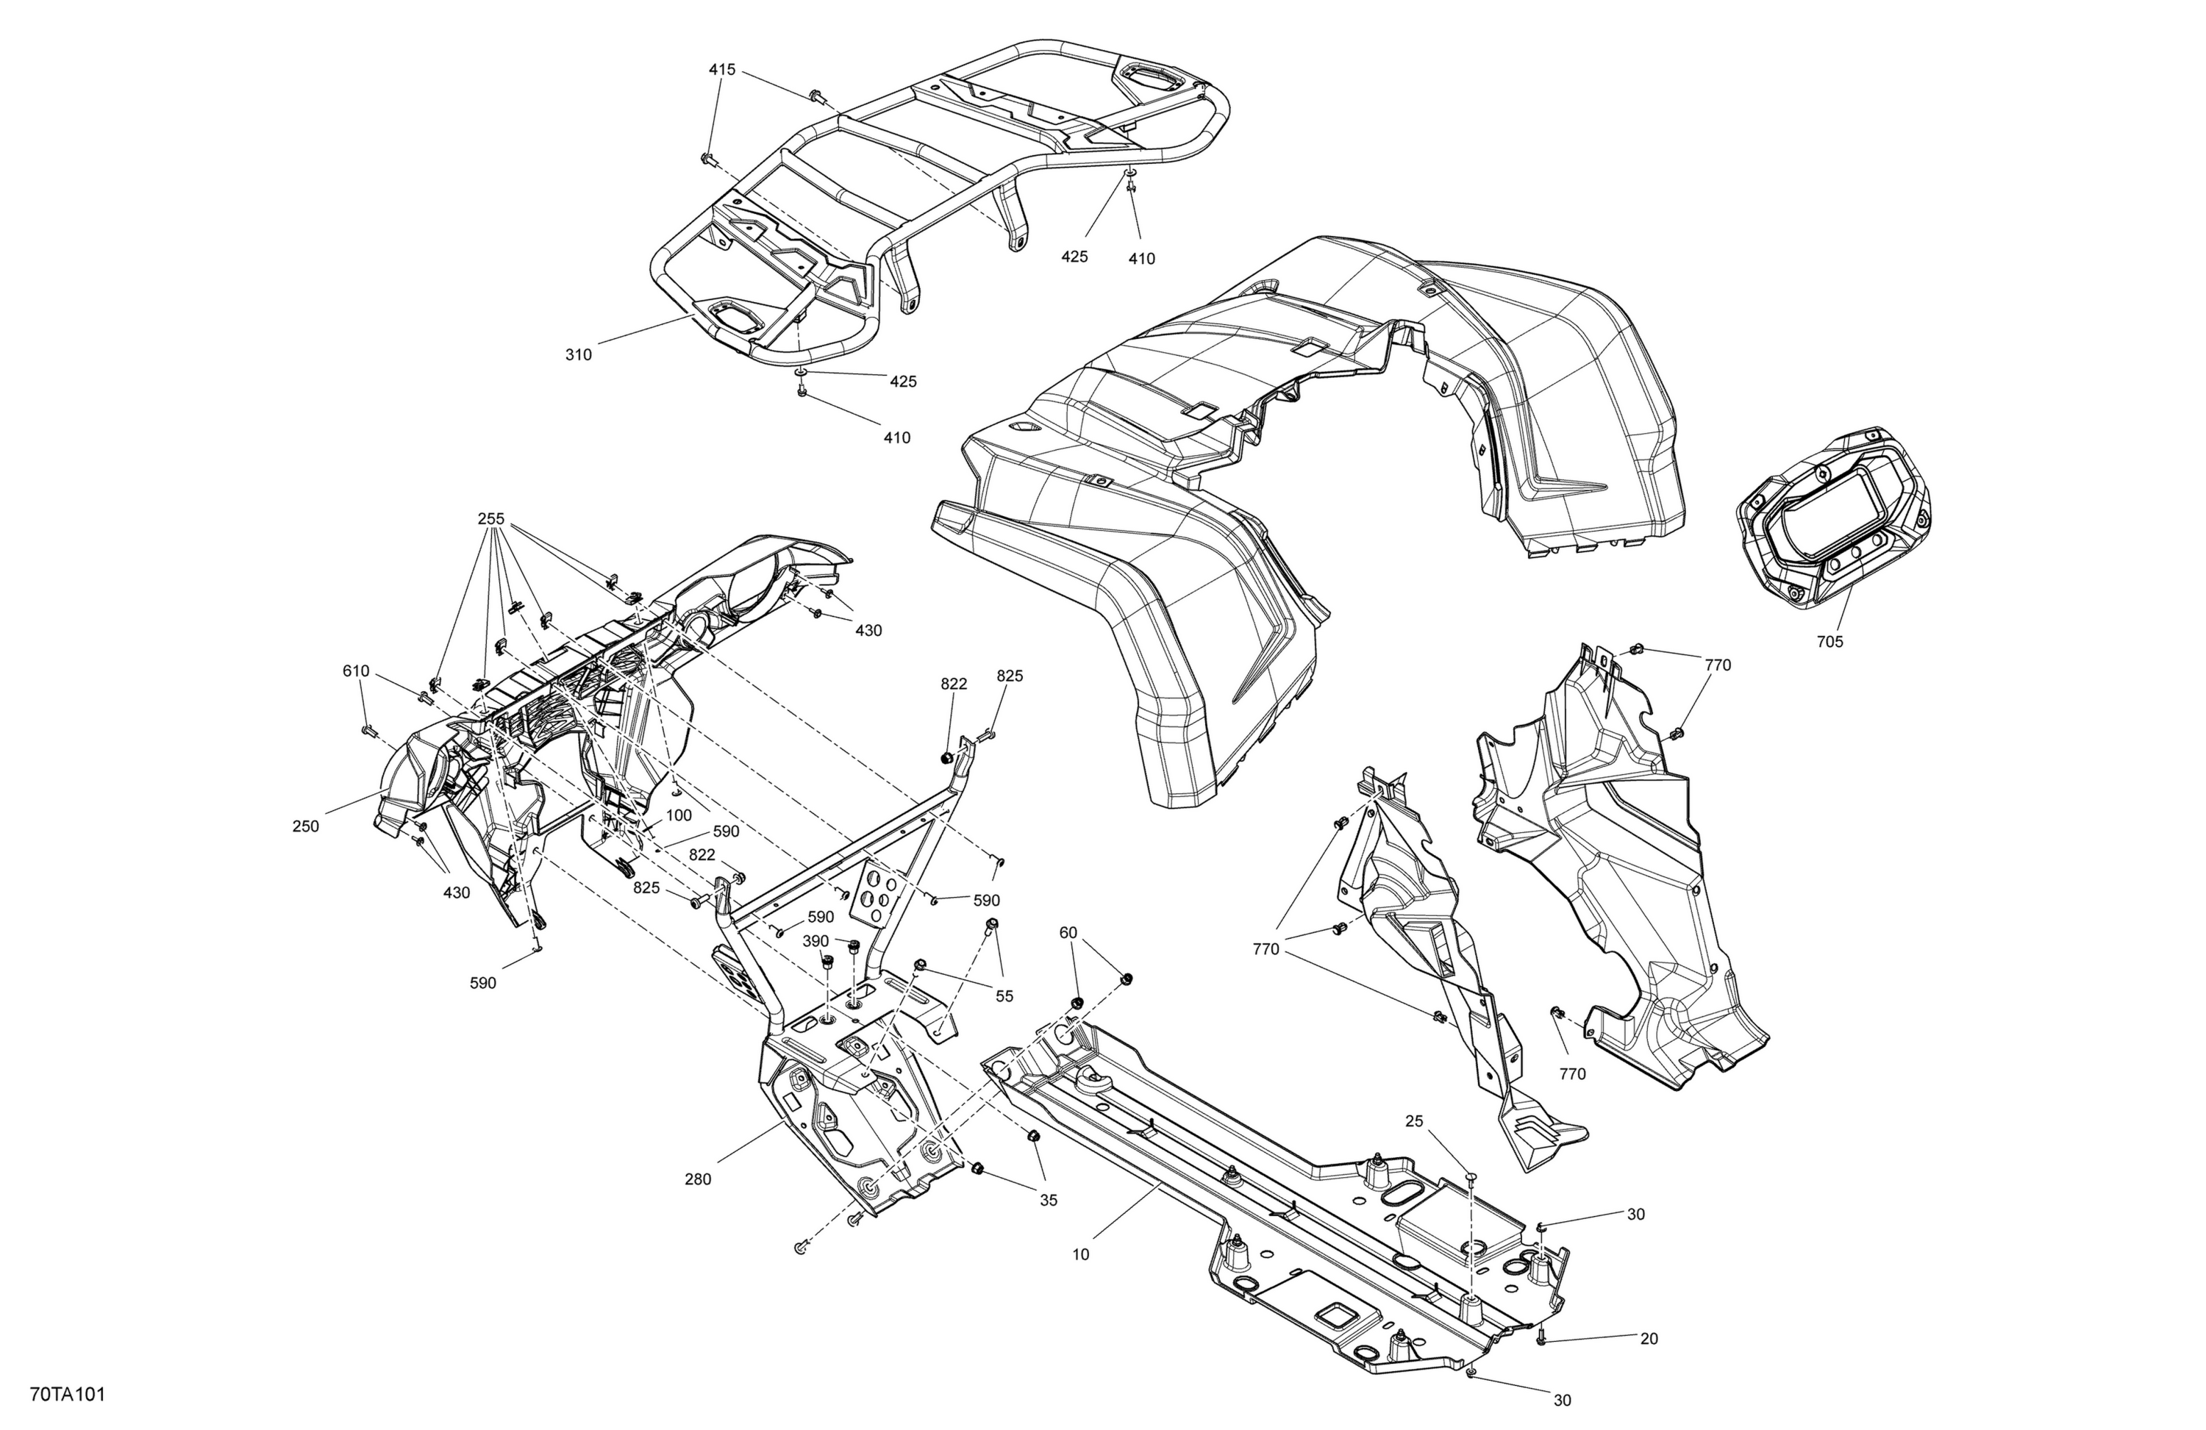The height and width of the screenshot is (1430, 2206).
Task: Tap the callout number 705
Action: [1830, 641]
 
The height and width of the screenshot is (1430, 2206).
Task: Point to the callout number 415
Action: [722, 70]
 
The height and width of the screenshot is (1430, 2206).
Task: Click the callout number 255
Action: [491, 519]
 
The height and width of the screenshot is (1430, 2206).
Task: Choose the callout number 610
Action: [356, 671]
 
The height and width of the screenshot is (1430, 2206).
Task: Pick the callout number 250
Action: [306, 826]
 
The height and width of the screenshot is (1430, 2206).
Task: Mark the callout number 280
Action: [698, 1180]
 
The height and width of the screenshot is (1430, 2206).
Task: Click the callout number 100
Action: [679, 815]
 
